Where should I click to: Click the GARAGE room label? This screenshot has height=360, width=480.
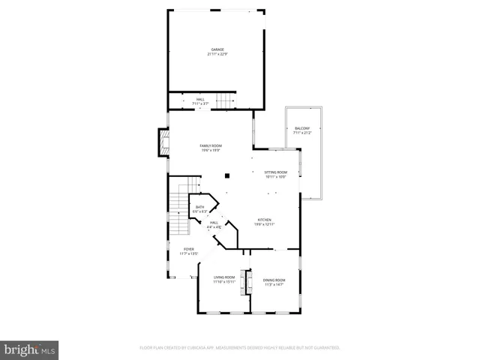click(217, 49)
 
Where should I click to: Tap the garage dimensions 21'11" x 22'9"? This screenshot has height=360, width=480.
click(217, 54)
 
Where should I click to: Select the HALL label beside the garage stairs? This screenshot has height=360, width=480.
click(200, 99)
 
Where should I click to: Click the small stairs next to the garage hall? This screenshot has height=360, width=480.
click(226, 100)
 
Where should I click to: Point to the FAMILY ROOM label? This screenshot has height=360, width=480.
click(211, 145)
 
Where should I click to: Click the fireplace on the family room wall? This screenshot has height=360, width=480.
click(161, 142)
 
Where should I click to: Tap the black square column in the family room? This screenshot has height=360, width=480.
click(226, 177)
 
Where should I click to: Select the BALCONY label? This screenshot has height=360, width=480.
click(303, 128)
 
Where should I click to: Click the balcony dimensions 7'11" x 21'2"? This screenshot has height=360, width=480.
click(303, 133)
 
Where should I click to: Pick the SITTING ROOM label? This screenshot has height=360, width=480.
click(276, 172)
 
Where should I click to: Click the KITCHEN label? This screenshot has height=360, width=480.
click(264, 220)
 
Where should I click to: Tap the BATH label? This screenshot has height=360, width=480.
click(200, 207)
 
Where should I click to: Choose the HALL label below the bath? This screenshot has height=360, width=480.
click(214, 223)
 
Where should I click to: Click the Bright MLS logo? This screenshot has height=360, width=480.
click(30, 349)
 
